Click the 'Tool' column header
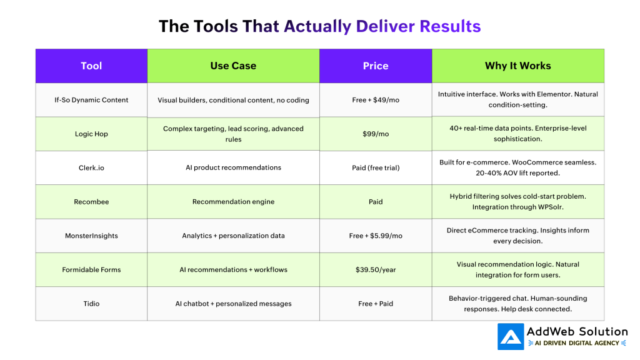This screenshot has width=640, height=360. [91, 66]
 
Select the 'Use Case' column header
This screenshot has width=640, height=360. [233, 66]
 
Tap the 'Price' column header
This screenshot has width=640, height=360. [376, 66]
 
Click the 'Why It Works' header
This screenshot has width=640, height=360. [517, 66]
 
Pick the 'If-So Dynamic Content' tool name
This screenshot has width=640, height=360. [91, 100]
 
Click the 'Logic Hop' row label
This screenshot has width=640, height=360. [91, 134]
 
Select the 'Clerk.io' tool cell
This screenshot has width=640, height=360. [91, 167]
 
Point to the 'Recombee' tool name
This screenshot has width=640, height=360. [91, 202]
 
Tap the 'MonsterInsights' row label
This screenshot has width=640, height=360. [91, 236]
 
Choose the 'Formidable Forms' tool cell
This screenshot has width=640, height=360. [91, 270]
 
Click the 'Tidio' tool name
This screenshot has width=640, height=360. [91, 304]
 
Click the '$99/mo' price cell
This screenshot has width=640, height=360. [376, 134]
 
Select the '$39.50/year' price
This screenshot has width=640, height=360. [376, 270]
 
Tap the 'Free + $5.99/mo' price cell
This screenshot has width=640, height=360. [376, 236]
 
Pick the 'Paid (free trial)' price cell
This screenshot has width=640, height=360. [376, 167]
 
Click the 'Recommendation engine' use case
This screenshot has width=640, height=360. [233, 202]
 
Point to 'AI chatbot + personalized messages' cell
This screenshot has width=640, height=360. [233, 304]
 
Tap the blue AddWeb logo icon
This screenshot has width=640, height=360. [511, 337]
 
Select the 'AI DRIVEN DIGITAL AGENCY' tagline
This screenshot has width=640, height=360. [577, 343]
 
